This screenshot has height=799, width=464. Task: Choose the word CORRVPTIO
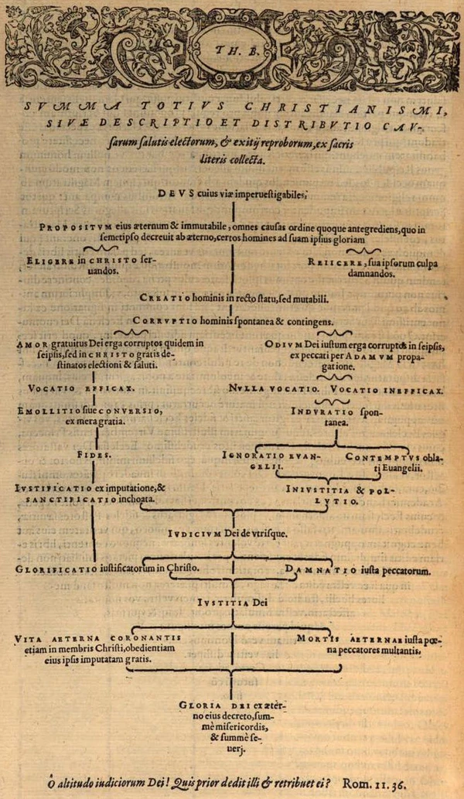[x=161, y=320]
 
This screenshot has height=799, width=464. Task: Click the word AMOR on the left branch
[x=32, y=343]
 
